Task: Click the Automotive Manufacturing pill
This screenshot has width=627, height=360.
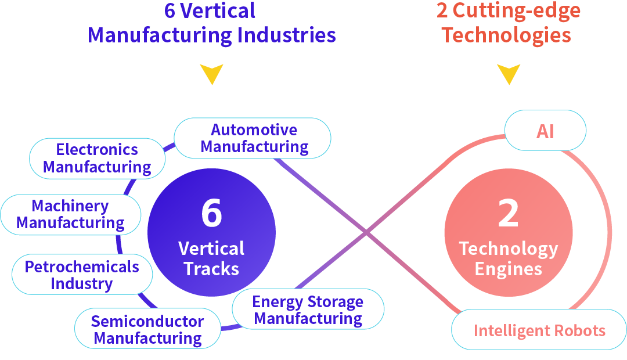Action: (253, 138)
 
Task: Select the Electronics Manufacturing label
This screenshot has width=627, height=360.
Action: (97, 158)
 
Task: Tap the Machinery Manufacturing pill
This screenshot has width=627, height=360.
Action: (70, 214)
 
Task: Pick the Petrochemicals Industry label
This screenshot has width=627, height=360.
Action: (82, 275)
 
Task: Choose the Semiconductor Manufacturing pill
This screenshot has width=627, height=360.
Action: (147, 329)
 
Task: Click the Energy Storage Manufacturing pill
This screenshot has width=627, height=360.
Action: (308, 310)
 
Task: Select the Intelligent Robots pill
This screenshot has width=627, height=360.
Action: (539, 331)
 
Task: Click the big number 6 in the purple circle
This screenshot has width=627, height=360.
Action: (211, 213)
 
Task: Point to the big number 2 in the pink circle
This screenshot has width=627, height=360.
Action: (508, 213)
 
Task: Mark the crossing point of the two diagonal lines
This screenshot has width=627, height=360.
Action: (366, 233)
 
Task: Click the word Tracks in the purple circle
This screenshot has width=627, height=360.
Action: (211, 269)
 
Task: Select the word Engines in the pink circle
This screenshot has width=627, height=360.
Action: (508, 269)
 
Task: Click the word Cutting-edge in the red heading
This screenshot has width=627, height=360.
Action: (517, 10)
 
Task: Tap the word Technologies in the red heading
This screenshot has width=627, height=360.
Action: (506, 35)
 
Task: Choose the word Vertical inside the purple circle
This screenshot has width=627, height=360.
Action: (211, 249)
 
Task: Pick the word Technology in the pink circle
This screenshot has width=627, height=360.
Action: (508, 249)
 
